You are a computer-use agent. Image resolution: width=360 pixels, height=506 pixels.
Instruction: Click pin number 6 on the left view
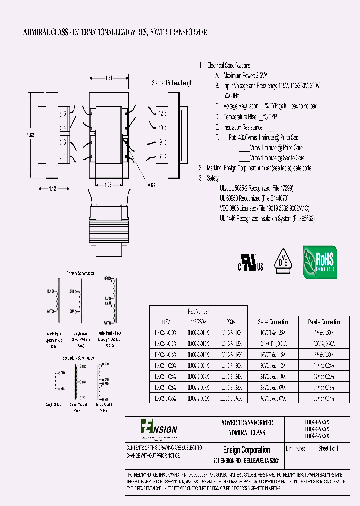65,114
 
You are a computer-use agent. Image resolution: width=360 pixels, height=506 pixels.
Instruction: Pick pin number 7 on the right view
160,156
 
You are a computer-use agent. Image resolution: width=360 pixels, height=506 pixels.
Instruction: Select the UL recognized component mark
250,262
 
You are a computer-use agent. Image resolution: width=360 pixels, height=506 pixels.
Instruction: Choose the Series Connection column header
273,322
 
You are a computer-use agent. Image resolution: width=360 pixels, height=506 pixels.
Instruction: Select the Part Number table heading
198,310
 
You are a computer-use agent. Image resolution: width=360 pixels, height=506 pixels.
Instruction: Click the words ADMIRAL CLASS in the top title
46,33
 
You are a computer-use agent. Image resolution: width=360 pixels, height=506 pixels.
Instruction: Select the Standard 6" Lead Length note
172,83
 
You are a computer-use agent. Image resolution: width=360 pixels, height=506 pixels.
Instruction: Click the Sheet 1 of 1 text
328,449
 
